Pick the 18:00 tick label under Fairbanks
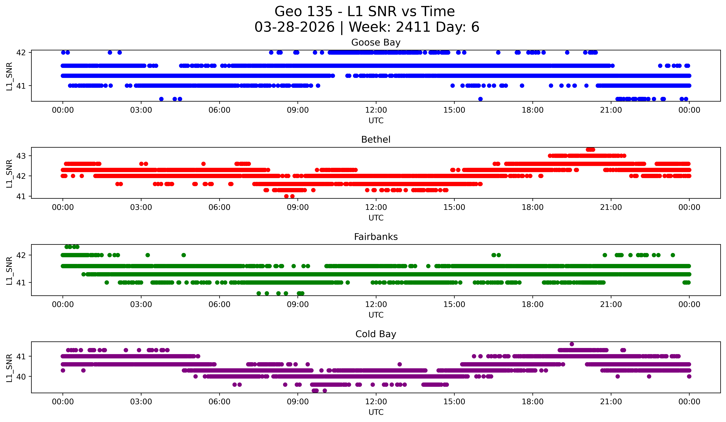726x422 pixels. tap(532, 305)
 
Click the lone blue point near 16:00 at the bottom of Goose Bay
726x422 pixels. tap(480, 99)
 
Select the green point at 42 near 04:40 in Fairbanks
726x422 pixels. tap(184, 255)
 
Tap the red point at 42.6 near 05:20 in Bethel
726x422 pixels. tap(203, 164)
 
